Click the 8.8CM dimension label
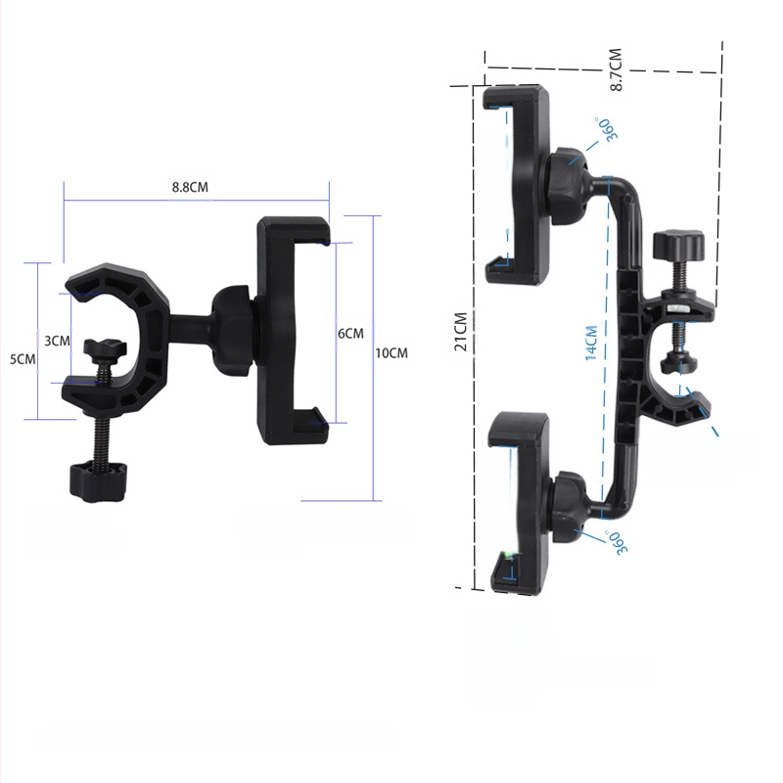(x=190, y=187)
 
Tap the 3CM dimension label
(x=57, y=341)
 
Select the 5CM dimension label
(x=23, y=359)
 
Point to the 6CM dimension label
(x=350, y=334)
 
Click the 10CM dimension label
(x=391, y=353)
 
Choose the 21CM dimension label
(x=460, y=332)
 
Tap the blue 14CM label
(x=591, y=344)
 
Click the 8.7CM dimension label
(x=616, y=69)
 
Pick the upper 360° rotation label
(x=607, y=130)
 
